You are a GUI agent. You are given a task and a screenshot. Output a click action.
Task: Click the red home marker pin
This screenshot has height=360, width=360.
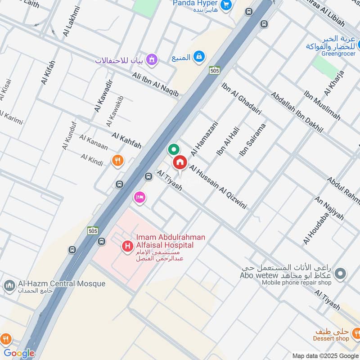click(180, 162)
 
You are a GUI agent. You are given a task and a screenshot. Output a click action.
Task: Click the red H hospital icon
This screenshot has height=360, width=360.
click(128, 246)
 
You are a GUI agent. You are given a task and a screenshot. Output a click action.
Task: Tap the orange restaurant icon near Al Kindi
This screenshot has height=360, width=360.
click(117, 161)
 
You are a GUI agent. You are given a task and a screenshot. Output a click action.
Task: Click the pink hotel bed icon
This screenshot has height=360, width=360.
click(139, 197)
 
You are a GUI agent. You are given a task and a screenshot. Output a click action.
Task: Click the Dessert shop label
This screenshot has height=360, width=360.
click(332, 338)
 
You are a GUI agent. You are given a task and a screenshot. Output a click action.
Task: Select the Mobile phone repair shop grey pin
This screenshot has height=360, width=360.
click(341, 273)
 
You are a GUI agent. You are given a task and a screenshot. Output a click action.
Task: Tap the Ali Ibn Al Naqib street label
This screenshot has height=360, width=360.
click(155, 84)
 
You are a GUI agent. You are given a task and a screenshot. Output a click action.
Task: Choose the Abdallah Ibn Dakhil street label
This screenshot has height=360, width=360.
click(297, 112)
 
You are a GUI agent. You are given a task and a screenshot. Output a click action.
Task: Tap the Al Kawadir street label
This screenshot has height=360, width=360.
click(103, 96)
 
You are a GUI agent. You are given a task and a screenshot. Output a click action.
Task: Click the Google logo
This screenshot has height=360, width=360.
click(19, 353)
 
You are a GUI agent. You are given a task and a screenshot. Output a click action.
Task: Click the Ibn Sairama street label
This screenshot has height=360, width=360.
click(253, 139)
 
